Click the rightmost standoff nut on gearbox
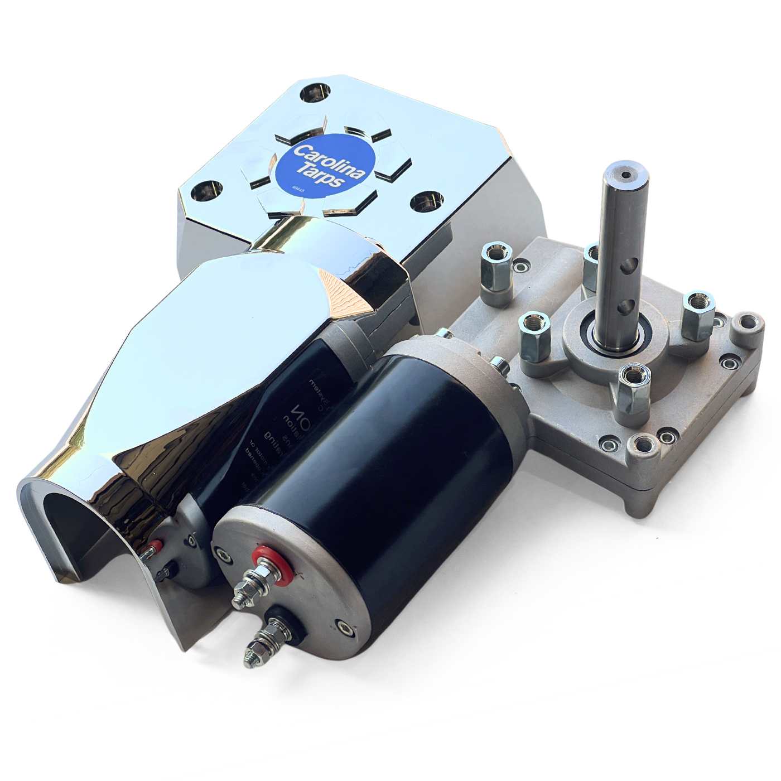click(696, 305)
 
